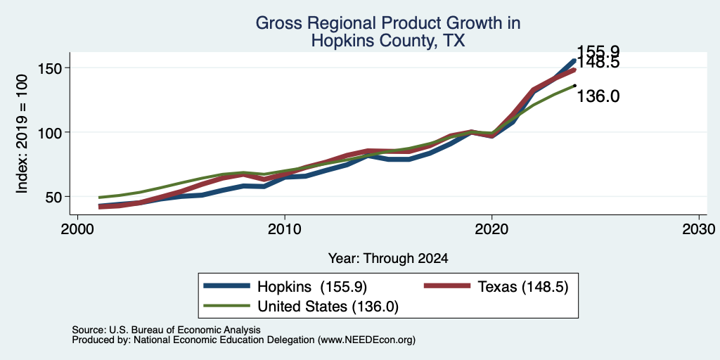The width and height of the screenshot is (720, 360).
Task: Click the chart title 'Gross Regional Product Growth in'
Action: pyautogui.click(x=387, y=23)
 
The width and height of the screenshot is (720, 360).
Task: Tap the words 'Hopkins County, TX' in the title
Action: pyautogui.click(x=387, y=41)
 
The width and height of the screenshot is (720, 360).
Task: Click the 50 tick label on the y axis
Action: pyautogui.click(x=53, y=197)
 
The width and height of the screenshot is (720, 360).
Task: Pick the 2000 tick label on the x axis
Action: pyautogui.click(x=77, y=229)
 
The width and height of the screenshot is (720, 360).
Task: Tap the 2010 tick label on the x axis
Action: pyautogui.click(x=285, y=229)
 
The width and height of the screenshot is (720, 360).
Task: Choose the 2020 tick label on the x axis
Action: pyautogui.click(x=491, y=229)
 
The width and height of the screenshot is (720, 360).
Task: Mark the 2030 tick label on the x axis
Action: pyautogui.click(x=699, y=229)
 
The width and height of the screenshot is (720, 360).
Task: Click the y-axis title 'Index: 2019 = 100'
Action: pyautogui.click(x=22, y=134)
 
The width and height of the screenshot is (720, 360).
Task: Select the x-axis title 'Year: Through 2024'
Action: pyautogui.click(x=387, y=259)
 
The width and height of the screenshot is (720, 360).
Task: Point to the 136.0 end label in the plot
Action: pyautogui.click(x=598, y=96)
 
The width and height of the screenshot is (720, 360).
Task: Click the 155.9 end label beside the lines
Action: pyautogui.click(x=598, y=51)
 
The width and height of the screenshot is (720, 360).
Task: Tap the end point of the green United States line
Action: pyautogui.click(x=574, y=85)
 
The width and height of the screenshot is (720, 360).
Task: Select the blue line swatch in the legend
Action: pyautogui.click(x=227, y=286)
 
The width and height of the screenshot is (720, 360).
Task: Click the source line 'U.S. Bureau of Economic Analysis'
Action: pyautogui.click(x=185, y=330)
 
